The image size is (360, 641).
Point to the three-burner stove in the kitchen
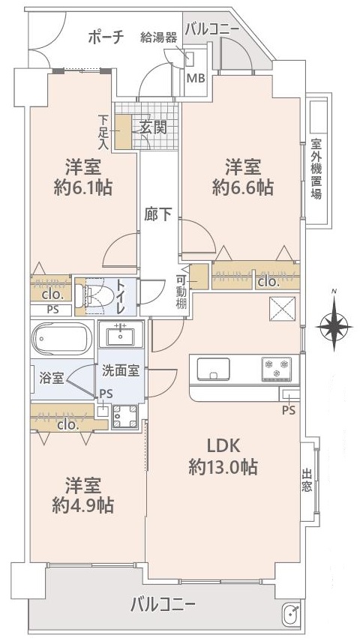tap(275, 369)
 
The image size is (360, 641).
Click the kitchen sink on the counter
tap(214, 369)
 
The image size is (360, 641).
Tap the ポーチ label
tap(105, 37)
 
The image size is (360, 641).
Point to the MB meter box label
tap(195, 78)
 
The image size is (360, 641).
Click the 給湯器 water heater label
tap(159, 37)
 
